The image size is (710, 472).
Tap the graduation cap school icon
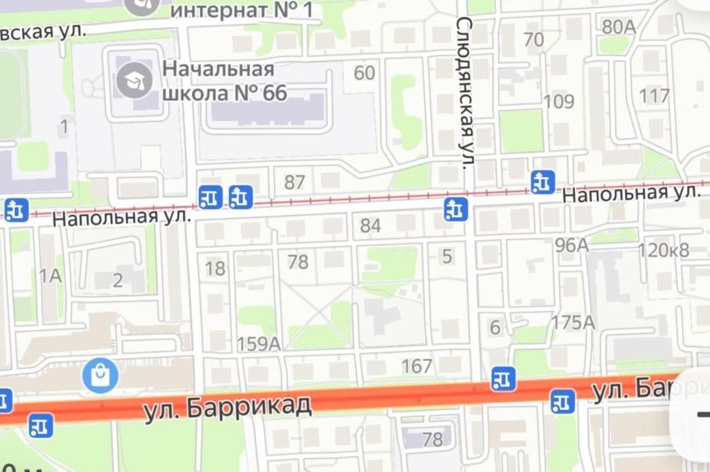[133, 81]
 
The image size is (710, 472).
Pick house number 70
[533, 39]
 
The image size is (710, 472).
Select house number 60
[365, 72]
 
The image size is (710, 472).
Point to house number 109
[559, 101]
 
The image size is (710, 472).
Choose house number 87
[295, 182]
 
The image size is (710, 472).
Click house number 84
[371, 226]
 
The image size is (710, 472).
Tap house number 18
[215, 268]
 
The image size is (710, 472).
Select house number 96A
[572, 244]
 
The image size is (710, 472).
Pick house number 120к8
[664, 250]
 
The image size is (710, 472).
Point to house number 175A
[572, 322]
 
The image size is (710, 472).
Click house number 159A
[259, 343]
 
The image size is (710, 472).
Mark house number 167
[417, 364]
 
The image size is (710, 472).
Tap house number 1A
[50, 276]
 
